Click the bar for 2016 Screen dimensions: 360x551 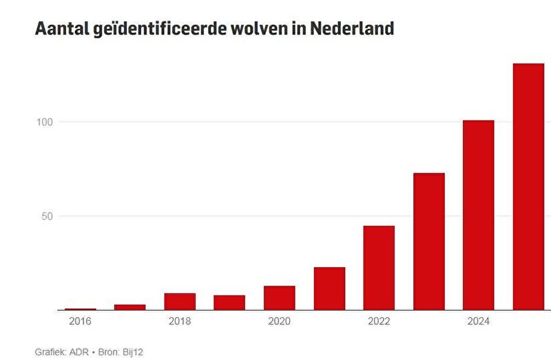click(80, 309)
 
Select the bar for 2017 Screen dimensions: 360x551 click(129, 307)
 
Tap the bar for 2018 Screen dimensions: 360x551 click(180, 301)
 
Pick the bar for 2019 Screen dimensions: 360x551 click(229, 303)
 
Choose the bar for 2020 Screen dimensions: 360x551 click(279, 298)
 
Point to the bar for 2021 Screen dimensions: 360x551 click(329, 288)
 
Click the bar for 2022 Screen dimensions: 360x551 click(379, 268)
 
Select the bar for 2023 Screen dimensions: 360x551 click(428, 242)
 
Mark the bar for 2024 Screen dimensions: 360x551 click(479, 215)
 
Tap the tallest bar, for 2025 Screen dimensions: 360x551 click(528, 187)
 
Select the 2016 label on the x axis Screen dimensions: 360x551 click(80, 321)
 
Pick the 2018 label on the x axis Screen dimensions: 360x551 click(180, 321)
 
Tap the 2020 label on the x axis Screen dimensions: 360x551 click(279, 321)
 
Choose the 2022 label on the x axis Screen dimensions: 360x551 click(379, 321)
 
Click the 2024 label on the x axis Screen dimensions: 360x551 click(479, 321)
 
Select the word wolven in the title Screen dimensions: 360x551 click(256, 29)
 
